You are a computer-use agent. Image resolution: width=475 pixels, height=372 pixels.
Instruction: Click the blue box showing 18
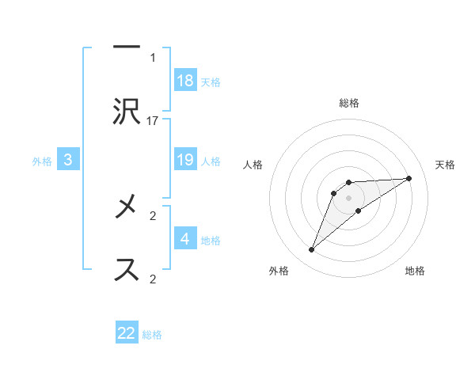pos(185,81)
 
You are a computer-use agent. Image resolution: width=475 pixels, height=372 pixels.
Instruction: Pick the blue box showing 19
pos(185,160)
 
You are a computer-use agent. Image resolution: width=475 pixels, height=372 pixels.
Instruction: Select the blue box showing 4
pos(185,239)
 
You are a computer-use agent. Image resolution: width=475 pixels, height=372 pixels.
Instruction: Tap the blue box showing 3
pos(68,160)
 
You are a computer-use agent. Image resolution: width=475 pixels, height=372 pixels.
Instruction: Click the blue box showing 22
pos(127,333)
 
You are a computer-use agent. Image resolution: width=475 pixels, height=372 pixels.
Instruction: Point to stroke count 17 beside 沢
pos(153,120)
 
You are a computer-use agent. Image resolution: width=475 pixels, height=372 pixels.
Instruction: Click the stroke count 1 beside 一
pos(153,57)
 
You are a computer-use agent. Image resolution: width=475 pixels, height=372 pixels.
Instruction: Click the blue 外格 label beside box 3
pos(42,161)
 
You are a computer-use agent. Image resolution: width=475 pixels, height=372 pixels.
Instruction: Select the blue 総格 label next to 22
pos(152,334)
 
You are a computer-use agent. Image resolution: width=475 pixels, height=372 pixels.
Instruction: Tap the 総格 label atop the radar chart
pos(348,103)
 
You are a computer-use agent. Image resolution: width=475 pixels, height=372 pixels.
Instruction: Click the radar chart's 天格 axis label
pos(445,165)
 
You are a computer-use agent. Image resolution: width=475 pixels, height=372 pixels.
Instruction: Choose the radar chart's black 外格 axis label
pos(279,271)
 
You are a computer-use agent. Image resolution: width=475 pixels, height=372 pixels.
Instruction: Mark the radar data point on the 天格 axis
pos(409,178)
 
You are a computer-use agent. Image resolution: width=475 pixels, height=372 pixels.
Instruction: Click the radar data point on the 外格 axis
pos(311,250)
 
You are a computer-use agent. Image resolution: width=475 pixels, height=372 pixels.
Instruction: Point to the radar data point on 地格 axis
pos(359,211)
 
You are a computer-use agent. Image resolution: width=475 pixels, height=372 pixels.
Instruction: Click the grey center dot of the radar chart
pos(348,197)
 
